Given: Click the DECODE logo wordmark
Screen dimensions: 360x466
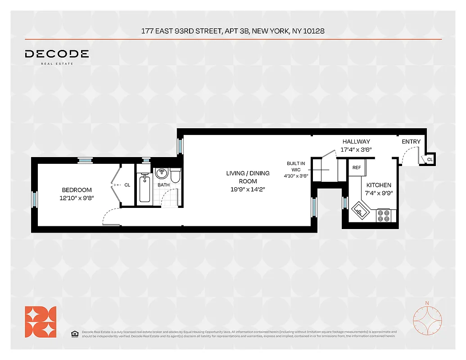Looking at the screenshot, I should (57, 54).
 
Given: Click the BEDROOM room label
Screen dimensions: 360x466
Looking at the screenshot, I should (77, 190).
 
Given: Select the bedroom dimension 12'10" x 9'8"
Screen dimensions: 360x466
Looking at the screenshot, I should (77, 198).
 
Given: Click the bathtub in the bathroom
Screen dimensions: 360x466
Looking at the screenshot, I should (145, 188).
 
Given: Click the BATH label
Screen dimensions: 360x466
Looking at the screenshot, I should (163, 185).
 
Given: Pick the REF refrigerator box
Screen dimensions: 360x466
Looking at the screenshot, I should (357, 167).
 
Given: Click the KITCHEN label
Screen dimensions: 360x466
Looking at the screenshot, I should (379, 185).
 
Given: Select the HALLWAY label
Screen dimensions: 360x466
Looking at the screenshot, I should (356, 142).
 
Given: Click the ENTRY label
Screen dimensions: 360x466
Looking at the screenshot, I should (411, 142).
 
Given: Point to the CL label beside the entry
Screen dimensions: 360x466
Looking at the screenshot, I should (430, 159).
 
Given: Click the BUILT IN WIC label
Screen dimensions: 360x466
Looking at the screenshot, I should (296, 166).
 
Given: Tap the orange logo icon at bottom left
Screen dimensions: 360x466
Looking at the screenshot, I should (41, 322).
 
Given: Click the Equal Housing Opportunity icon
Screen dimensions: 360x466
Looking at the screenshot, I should (75, 333).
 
